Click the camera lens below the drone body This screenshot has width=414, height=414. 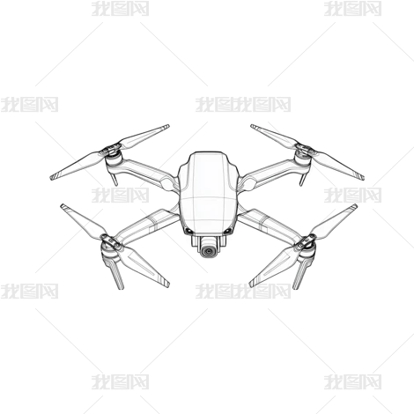click(x=209, y=251)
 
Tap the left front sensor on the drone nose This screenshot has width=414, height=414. click(x=189, y=232)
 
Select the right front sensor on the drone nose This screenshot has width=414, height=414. click(x=227, y=232)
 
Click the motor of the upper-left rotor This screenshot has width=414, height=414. click(x=114, y=161)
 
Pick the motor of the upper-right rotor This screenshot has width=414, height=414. click(x=303, y=161)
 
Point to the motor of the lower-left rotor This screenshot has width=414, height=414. click(x=108, y=249)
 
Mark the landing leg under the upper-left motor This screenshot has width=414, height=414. click(x=115, y=178)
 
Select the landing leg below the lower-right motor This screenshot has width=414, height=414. click(x=301, y=274)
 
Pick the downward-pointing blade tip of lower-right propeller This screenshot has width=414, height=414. click(x=252, y=285)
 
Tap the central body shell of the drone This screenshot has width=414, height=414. click(x=208, y=193)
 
